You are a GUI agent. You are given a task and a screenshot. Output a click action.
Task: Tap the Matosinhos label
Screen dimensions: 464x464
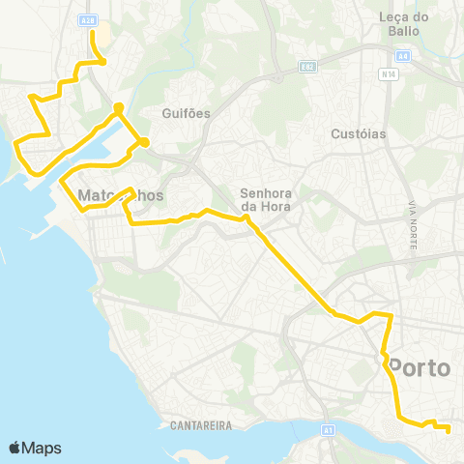click(x=119, y=195)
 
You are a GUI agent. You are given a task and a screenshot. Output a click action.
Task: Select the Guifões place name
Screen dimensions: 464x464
click(x=188, y=113)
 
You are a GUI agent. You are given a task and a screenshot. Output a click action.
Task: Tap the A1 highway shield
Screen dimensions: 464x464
click(x=329, y=429)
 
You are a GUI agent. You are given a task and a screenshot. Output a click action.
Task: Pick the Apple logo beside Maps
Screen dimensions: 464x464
click(x=15, y=448)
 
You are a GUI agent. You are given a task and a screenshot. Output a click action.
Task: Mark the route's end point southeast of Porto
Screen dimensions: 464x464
click(x=449, y=430)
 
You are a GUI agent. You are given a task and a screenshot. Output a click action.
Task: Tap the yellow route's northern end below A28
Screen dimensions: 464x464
click(x=93, y=32)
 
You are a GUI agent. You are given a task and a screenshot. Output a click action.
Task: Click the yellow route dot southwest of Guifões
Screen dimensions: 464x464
click(x=144, y=142)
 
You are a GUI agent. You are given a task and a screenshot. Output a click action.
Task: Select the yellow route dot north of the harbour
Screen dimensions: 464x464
click(x=118, y=107)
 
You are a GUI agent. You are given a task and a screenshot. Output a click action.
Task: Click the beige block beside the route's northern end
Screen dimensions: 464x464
click(x=102, y=39)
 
